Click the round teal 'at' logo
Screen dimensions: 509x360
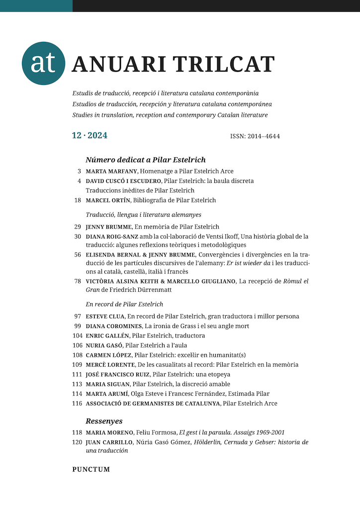(x=44, y=63)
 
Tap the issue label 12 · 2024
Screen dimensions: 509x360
(x=90, y=135)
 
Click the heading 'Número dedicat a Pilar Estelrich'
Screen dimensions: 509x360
(x=146, y=160)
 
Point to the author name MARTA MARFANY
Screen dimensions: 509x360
(x=111, y=171)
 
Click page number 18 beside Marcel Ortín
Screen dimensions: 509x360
(x=78, y=200)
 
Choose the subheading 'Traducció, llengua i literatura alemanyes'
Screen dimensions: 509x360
(x=144, y=215)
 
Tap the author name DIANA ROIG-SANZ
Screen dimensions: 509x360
(x=112, y=236)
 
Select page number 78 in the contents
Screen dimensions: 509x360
(x=78, y=281)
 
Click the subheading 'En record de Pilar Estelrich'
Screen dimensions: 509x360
(x=124, y=304)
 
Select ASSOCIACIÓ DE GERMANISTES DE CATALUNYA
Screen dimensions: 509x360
(x=153, y=403)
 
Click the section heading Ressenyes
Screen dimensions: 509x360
(x=104, y=421)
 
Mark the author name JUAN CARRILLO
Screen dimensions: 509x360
(x=108, y=442)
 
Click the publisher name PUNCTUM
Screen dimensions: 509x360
(x=91, y=469)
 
